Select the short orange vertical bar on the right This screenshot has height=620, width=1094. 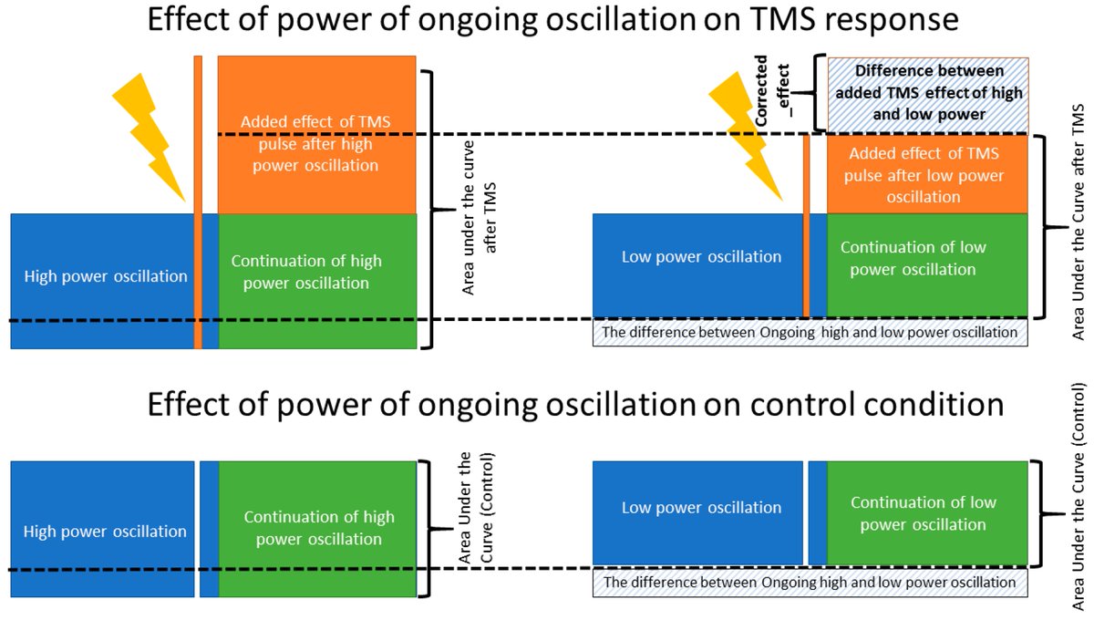pos(806,224)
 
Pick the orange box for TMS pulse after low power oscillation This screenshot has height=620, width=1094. pos(926,174)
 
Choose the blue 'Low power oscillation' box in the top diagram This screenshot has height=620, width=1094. pos(698,257)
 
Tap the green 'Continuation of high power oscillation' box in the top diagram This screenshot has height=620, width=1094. pos(316,274)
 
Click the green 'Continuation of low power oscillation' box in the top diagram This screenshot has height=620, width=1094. pos(926,259)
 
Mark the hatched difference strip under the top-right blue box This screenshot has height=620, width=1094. pos(810,333)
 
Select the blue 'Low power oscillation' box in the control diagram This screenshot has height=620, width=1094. pos(698,509)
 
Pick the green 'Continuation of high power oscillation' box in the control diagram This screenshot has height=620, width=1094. pos(318,529)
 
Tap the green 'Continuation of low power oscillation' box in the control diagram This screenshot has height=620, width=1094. pos(926,512)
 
